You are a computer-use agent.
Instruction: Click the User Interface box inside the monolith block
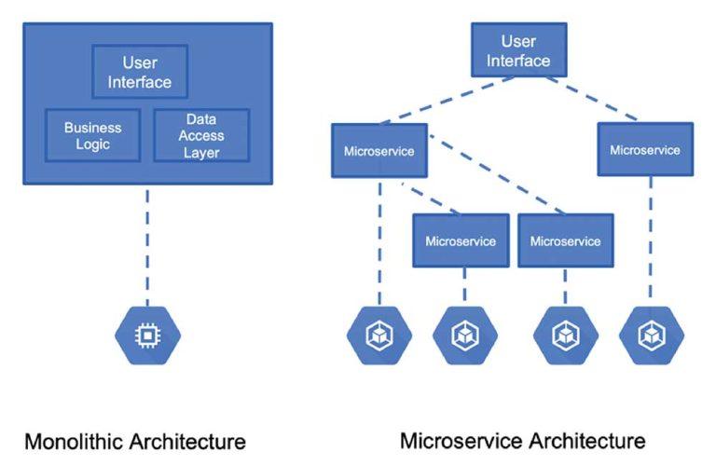point(140,72)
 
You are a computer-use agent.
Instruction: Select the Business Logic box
point(92,135)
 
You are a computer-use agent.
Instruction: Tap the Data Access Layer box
point(201,135)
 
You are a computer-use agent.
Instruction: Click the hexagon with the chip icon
point(146,334)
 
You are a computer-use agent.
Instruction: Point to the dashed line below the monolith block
point(146,242)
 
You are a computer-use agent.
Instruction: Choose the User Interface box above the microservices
point(518,50)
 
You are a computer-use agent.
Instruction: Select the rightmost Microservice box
point(645,149)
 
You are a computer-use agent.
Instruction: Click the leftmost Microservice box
point(379,150)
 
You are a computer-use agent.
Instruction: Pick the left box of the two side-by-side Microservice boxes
point(461,240)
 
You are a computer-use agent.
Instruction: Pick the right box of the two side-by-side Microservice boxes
point(565,240)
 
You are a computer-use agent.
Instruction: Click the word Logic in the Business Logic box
point(92,144)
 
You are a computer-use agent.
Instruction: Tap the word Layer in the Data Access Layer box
point(201,152)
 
